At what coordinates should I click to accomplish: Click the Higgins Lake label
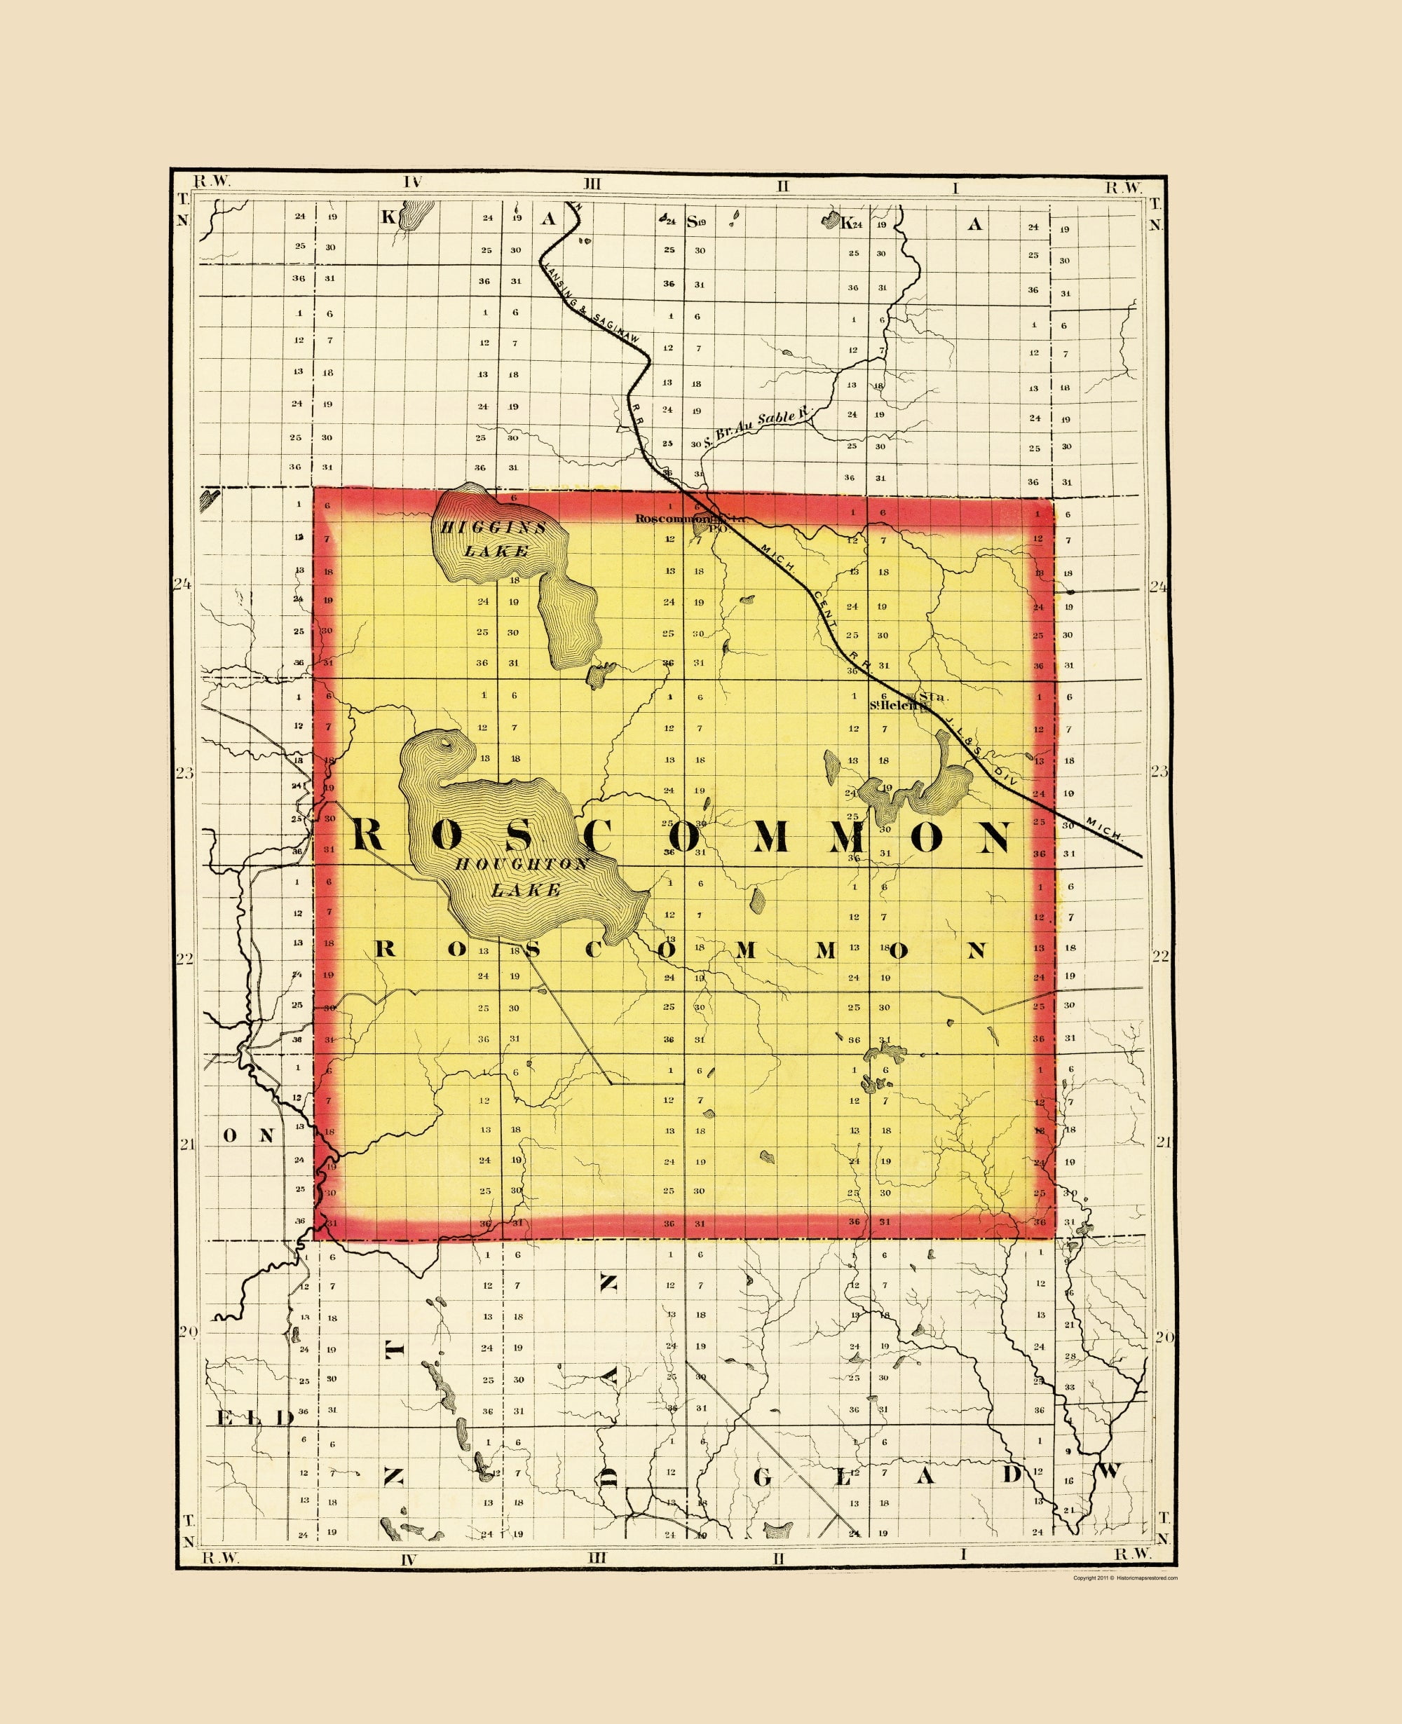click(494, 540)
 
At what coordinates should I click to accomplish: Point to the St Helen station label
click(897, 704)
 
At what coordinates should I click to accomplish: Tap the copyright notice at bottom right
click(1125, 1577)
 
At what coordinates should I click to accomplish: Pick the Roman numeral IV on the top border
click(413, 182)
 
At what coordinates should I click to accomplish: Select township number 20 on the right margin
click(1163, 1337)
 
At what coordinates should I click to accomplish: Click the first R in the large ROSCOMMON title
click(367, 834)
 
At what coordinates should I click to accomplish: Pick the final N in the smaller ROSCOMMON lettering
click(976, 950)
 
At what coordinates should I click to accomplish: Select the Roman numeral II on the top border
click(782, 186)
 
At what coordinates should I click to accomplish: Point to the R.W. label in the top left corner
click(212, 182)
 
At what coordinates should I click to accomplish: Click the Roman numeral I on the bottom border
click(962, 1554)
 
